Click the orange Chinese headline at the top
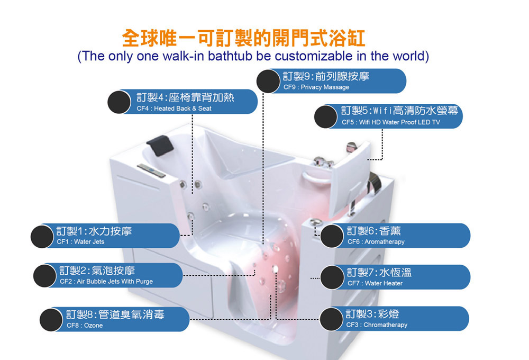pos(243,38)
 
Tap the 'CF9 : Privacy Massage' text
pos(316,87)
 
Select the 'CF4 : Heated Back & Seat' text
pos(174,109)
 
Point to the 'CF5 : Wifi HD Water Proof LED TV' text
pos(391,122)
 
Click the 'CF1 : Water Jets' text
pos(80,242)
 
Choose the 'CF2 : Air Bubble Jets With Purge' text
pos(106,281)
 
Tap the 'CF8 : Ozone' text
pos(84,326)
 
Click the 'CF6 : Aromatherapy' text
pos(376,242)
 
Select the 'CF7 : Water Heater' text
pos(375,283)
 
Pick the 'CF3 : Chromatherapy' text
pos(377,325)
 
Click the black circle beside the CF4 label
pos(119,102)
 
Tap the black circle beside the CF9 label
pos(268,81)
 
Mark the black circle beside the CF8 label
pos(51,319)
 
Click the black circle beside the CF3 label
pos(331,319)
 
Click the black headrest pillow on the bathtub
pos(160,145)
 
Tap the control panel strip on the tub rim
pos(151,170)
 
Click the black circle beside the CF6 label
pos(332,236)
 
